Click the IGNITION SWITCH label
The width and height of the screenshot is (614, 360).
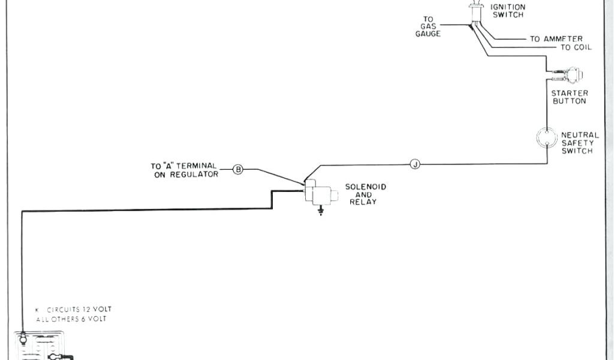point(508,11)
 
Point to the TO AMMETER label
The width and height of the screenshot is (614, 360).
point(556,39)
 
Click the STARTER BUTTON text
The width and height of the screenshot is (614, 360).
point(569,97)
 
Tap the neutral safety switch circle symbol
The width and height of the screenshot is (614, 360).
point(546,137)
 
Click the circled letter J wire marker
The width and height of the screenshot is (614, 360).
point(414,164)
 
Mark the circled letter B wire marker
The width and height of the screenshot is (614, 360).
point(237,170)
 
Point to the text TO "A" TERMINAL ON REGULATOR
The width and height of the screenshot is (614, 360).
point(183,170)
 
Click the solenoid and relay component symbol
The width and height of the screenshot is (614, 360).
point(318,193)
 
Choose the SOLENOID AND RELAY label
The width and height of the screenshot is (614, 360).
point(365,194)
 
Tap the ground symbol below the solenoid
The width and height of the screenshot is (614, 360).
point(321,211)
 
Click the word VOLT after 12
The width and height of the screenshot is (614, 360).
point(101,310)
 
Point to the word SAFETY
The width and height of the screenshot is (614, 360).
point(577,143)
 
